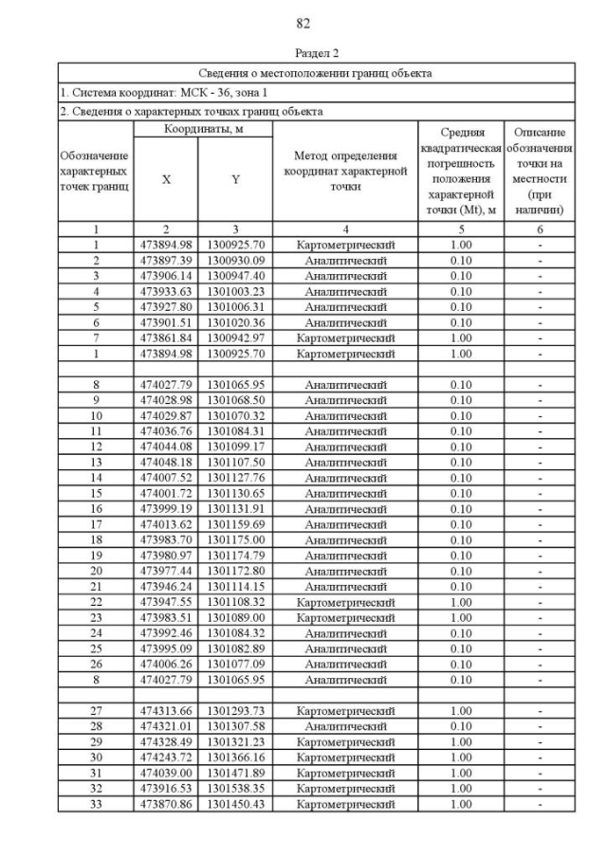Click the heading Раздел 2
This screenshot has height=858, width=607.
point(303,53)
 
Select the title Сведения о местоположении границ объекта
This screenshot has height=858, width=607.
point(315,72)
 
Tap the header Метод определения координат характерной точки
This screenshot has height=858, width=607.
point(344,172)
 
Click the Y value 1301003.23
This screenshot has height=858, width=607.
point(236,291)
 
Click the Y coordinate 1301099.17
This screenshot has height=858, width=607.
point(236,446)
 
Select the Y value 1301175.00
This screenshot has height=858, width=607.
point(236,539)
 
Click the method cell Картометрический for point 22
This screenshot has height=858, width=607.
point(344,601)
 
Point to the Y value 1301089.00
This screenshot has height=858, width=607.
point(236,616)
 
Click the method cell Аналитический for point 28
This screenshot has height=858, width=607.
point(344,725)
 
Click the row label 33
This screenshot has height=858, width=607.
point(96,803)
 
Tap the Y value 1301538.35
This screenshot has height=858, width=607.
point(236,788)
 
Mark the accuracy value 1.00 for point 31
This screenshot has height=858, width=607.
point(460,772)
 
